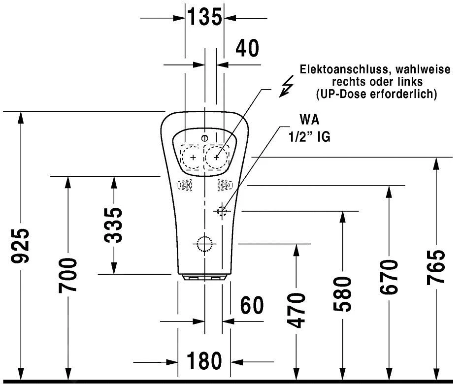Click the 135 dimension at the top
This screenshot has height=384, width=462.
[x=204, y=18]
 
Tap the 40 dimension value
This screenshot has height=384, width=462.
[x=247, y=48]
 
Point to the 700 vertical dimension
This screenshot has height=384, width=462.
[x=68, y=275]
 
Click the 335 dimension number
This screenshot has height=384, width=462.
[x=114, y=225]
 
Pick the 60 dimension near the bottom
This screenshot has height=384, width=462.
[x=251, y=306]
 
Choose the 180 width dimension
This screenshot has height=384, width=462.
[x=204, y=361]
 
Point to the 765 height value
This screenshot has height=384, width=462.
[x=436, y=266]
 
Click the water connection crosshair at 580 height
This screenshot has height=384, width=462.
[x=222, y=211]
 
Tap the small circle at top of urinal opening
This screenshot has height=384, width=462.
[x=205, y=137]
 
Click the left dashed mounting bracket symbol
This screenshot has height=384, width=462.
[x=184, y=185]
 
